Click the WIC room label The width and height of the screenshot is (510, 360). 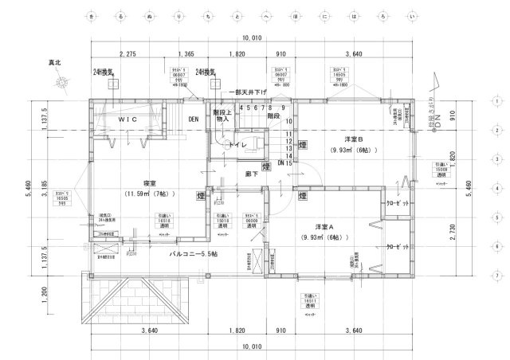tap(128, 119)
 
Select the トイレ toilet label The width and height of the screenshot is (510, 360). tap(239, 147)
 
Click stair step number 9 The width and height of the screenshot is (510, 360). tap(283, 108)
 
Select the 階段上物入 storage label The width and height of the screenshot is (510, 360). tap(222, 116)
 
